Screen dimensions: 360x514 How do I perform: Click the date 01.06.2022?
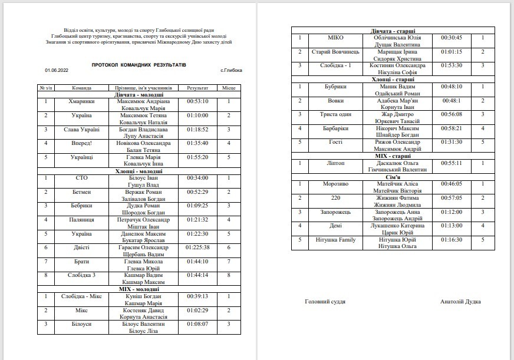click(x=56, y=71)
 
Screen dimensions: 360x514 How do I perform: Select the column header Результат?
click(x=198, y=87)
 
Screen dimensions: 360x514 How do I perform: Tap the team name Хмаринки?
click(x=81, y=101)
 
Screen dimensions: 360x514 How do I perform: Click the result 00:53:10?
click(x=198, y=101)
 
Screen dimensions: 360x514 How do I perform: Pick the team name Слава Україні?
click(x=81, y=129)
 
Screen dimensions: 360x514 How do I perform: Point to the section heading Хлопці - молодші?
click(x=139, y=171)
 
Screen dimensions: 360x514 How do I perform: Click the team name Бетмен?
click(x=81, y=191)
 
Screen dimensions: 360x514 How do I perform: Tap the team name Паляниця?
click(x=81, y=220)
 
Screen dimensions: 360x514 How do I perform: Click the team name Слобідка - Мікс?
click(x=81, y=296)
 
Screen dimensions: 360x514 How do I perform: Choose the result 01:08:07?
click(x=198, y=323)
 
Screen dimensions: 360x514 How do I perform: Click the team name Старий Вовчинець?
click(x=327, y=51)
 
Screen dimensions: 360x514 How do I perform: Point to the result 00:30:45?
click(x=452, y=38)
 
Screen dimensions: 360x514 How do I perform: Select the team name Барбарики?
click(x=327, y=128)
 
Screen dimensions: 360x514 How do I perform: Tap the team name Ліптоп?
click(x=327, y=163)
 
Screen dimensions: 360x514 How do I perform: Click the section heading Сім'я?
click(x=393, y=176)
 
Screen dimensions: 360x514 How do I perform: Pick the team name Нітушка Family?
click(x=327, y=239)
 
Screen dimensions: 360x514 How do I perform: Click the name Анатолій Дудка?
click(x=460, y=302)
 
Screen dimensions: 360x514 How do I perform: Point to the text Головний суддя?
click(x=325, y=302)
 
